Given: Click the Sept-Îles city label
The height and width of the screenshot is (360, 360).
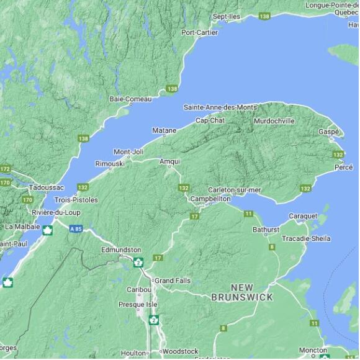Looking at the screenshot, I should pos(226,16).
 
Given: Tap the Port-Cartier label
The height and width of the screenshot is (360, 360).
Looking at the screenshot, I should pos(199,32).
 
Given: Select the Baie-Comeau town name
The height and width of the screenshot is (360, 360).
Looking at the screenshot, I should pos(130,99).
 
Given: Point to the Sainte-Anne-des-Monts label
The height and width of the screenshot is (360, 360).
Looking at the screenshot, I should pos(220,107).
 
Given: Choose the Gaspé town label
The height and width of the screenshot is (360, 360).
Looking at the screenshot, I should pos(328,132).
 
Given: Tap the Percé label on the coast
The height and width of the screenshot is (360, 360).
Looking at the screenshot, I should pos(343,168).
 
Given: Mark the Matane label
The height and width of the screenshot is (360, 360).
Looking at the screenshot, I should pos(164,130).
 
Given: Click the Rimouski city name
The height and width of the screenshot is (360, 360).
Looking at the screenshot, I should pos(109,163).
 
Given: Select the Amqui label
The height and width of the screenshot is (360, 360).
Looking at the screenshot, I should pos(169,161).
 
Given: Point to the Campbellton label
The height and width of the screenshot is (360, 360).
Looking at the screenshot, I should pos(210,199).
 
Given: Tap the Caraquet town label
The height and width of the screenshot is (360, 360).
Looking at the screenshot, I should pos(303,216).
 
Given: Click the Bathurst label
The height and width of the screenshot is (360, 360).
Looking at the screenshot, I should pos(266,230).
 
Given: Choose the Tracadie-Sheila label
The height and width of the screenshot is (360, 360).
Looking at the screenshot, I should pos(306,238).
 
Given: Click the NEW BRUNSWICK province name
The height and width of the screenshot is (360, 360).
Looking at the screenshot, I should pos(241,292).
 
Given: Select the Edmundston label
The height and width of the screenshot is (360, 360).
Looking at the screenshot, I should pos(121,250).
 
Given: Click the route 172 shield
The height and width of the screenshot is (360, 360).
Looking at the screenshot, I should pos(6,169).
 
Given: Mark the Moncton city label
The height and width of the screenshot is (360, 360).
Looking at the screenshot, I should pos(313,350).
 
